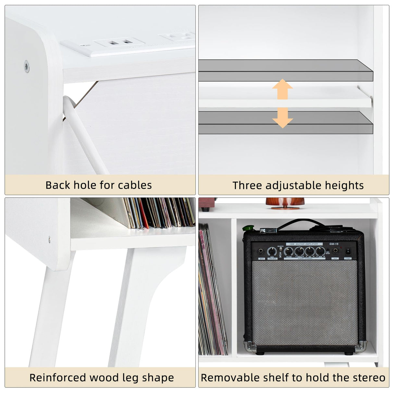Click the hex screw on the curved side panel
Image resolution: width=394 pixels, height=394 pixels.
click(x=26, y=67)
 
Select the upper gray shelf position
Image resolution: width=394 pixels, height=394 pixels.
click(x=286, y=70)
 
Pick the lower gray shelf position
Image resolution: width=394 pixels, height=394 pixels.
click(x=286, y=123)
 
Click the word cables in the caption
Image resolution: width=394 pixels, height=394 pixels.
click(x=135, y=185)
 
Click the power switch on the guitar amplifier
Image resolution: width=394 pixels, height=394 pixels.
click(x=348, y=251)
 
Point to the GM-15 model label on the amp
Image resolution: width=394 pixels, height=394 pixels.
click(x=334, y=243)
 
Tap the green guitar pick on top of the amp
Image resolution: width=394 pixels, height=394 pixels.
click(x=249, y=228)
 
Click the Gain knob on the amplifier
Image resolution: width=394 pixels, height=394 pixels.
click(x=271, y=251)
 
